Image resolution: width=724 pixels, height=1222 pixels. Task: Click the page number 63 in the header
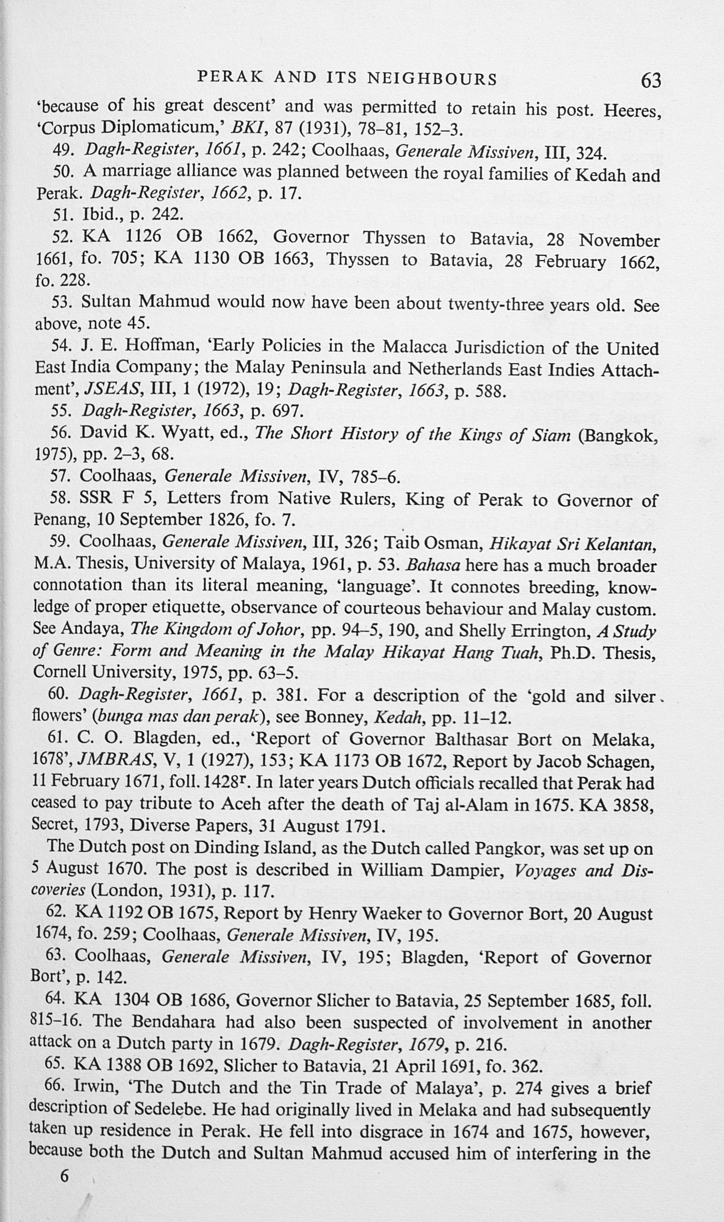coord(651,80)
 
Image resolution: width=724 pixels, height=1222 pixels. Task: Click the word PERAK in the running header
coord(227,78)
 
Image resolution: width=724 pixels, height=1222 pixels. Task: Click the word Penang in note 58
coord(53,519)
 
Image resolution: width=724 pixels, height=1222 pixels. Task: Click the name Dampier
coord(467,870)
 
